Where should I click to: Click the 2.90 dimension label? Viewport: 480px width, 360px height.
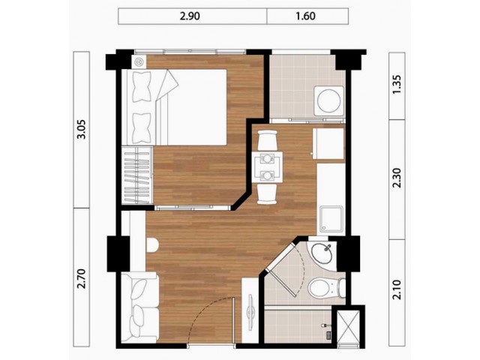tap(190, 16)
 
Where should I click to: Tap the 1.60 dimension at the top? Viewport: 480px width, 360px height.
tap(305, 16)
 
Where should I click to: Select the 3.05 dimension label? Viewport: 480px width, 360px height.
tap(82, 130)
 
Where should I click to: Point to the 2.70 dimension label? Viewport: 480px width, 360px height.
tap(82, 278)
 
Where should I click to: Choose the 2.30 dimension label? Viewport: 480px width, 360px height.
tap(397, 178)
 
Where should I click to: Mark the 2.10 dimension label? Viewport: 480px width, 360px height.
tap(397, 289)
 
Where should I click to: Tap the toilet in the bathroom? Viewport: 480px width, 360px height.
tap(326, 288)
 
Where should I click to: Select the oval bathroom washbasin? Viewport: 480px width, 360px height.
tap(322, 253)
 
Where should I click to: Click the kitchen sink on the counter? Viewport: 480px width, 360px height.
tap(331, 218)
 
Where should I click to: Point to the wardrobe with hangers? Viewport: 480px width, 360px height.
tap(137, 175)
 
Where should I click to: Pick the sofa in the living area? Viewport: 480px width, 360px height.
tap(139, 307)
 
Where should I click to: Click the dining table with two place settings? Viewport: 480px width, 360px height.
tap(267, 167)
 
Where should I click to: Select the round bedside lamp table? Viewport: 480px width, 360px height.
tap(139, 62)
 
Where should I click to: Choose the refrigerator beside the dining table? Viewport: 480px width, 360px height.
tap(328, 143)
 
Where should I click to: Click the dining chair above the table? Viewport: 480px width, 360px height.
tap(268, 140)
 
